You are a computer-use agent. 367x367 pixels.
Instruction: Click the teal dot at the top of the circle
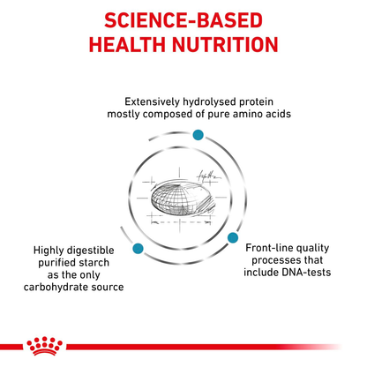tap(198, 133)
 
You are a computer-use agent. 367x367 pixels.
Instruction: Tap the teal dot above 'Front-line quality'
tap(234, 236)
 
